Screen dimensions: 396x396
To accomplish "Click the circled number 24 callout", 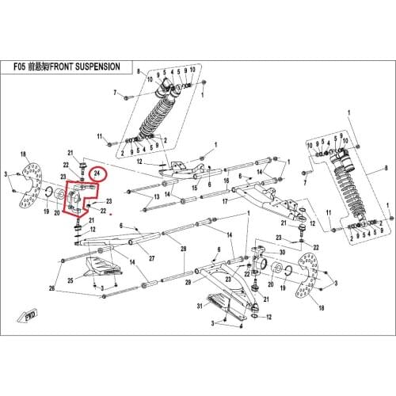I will [97, 172].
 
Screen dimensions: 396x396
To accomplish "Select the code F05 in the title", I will [25, 67].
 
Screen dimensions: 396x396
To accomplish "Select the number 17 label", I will [224, 201].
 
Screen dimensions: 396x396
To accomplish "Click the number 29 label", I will [188, 283].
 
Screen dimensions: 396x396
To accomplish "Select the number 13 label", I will [156, 196].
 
